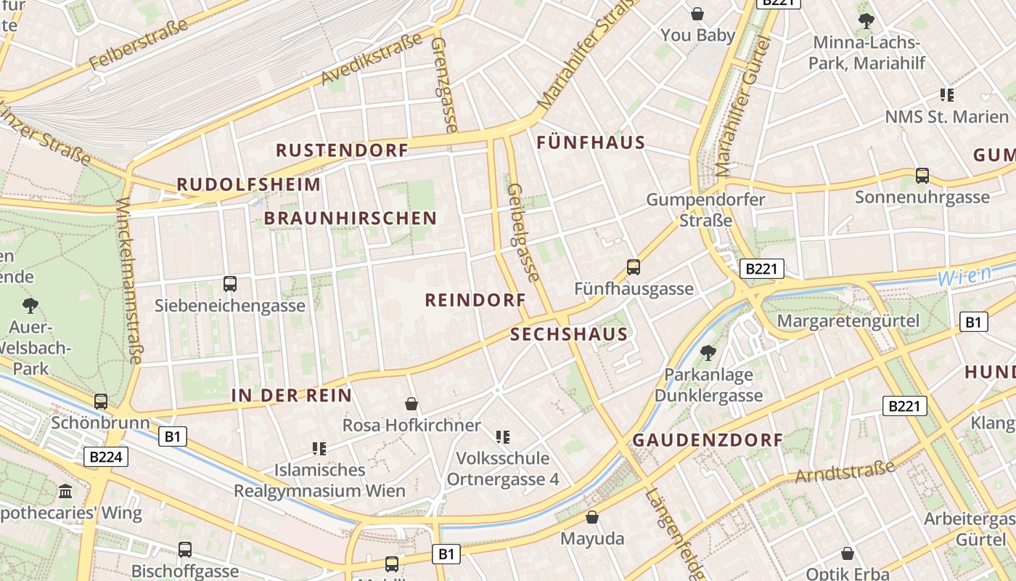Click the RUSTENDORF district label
point(342,150)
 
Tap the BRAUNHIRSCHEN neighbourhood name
point(350,218)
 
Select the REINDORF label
point(475,299)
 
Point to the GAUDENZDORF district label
point(708,440)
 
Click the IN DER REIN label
point(291,396)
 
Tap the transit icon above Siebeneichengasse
point(230,284)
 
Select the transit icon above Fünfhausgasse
point(634,267)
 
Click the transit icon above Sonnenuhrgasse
point(922,175)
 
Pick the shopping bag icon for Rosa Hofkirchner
point(411,404)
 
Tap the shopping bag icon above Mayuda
point(592,517)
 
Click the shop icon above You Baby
point(697,14)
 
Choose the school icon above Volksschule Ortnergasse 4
point(502,436)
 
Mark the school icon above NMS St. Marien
point(946,94)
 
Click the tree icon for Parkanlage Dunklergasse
point(708,353)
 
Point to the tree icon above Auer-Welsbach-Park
point(30,305)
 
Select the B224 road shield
point(106,457)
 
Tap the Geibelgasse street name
point(523,232)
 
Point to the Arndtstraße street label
point(845,471)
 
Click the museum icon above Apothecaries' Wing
point(66,492)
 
